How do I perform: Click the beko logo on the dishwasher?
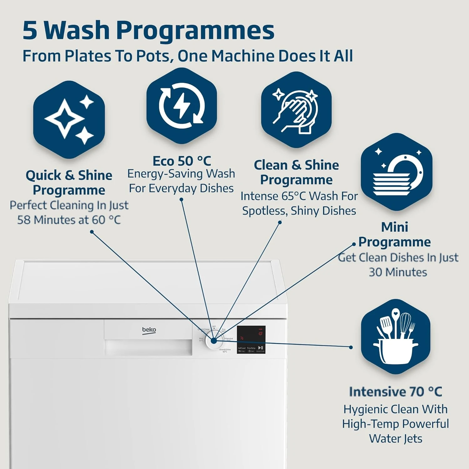coord(149,330)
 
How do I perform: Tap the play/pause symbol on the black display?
coord(260,348)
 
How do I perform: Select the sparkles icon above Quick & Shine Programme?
coord(69,120)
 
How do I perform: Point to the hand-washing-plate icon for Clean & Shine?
coord(295,112)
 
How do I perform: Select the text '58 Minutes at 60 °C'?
coord(69,220)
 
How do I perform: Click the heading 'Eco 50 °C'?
coord(182,161)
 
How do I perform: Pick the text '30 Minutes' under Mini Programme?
coord(398,272)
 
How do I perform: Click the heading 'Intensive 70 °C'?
coord(396,392)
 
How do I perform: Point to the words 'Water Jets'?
coord(396,438)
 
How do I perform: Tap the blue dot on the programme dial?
coord(214,341)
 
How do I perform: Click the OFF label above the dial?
coord(214,327)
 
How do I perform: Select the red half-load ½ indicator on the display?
coord(242,338)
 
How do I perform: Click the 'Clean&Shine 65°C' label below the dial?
coord(225,350)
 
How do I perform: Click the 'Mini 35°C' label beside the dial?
coord(201,339)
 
